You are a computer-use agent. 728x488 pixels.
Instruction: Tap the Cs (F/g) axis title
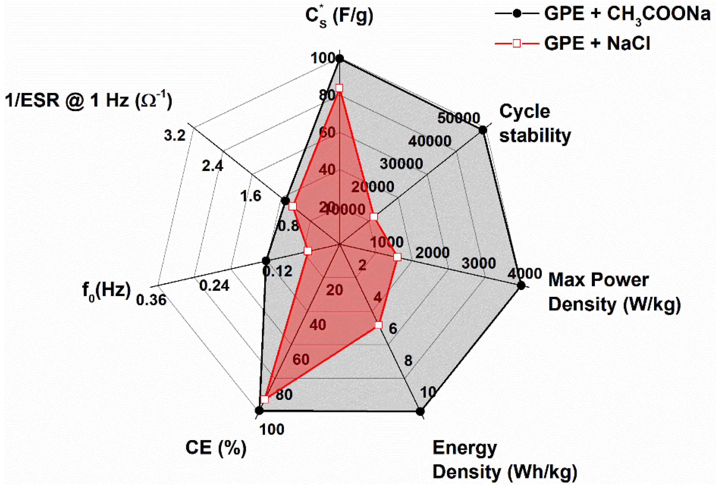(339, 16)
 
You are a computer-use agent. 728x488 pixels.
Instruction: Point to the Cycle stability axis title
(534, 124)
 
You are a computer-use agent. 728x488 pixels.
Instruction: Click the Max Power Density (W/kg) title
(614, 292)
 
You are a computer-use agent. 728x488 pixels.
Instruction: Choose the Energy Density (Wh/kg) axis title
(504, 460)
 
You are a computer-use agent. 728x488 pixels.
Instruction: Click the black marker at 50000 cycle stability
(483, 130)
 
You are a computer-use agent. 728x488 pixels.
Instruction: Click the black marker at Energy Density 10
(420, 411)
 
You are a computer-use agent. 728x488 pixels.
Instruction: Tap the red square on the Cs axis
(339, 88)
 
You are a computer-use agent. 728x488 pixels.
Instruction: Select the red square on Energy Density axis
(378, 325)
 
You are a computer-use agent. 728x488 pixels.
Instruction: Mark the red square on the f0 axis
(308, 251)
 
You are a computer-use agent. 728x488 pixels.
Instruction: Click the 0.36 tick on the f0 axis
(151, 300)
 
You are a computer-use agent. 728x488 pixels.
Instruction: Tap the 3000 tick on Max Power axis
(478, 263)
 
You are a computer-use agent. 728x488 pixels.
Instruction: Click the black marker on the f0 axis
(266, 261)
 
